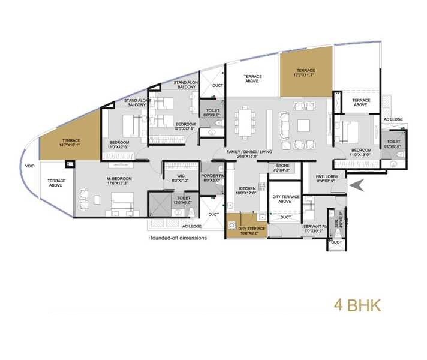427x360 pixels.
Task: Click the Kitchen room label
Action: click(x=246, y=190)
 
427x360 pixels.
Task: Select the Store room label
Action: click(x=283, y=167)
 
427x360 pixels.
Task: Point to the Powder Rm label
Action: click(x=212, y=177)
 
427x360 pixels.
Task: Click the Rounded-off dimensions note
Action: click(x=177, y=238)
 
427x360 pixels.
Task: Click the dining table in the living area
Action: click(x=243, y=122)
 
